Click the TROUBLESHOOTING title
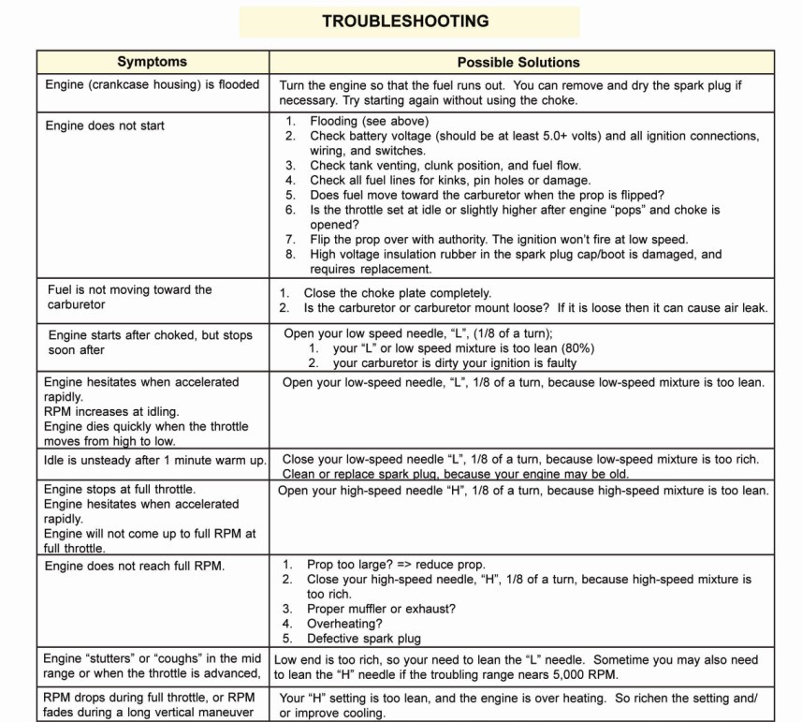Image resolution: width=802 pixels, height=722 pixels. click(x=405, y=21)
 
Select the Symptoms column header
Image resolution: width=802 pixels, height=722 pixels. click(x=152, y=62)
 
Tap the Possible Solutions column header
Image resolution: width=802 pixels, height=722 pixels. click(x=518, y=62)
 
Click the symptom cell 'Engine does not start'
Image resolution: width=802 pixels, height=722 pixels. click(x=105, y=125)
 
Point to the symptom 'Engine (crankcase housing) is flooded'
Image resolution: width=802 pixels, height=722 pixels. click(x=153, y=84)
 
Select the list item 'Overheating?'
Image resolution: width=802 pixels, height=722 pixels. click(x=344, y=624)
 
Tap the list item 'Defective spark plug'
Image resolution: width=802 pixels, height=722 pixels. click(x=363, y=639)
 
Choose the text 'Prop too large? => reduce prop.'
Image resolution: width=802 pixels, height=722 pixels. click(x=396, y=565)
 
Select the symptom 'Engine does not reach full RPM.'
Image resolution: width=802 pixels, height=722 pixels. click(x=135, y=565)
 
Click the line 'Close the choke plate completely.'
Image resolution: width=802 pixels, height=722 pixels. click(x=397, y=293)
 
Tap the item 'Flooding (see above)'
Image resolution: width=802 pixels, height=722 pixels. click(x=369, y=121)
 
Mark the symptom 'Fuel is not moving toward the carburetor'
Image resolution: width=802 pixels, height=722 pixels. click(x=130, y=297)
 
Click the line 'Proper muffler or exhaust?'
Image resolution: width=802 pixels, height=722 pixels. click(x=381, y=609)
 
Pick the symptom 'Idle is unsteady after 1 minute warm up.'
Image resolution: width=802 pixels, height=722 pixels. click(x=154, y=460)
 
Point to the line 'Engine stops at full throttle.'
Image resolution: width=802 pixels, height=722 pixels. click(x=120, y=490)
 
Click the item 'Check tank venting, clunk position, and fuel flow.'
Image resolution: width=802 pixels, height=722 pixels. click(x=445, y=166)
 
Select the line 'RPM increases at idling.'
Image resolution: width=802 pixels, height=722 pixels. click(x=111, y=411)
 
